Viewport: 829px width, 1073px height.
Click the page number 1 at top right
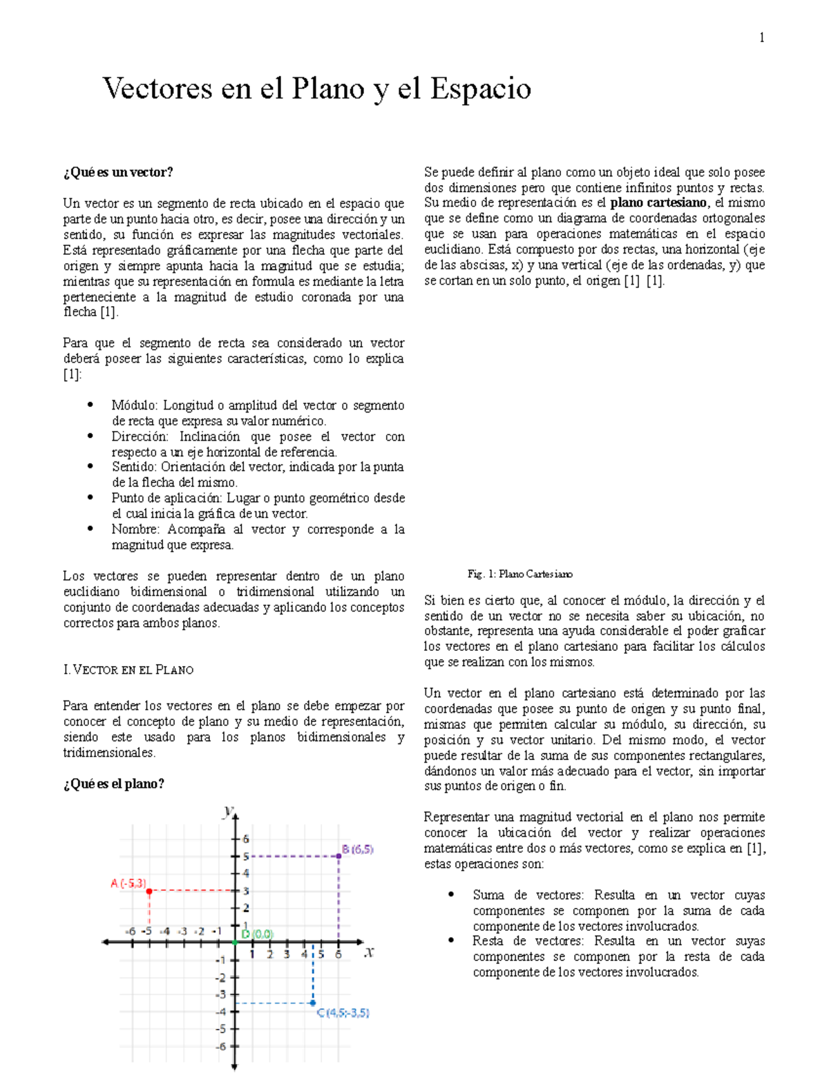pyautogui.click(x=761, y=38)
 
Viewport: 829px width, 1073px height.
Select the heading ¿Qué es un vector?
pyautogui.click(x=117, y=173)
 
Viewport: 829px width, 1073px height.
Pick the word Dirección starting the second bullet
pyautogui.click(x=140, y=437)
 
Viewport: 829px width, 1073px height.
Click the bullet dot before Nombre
pyautogui.click(x=90, y=529)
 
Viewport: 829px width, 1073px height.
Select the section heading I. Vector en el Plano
pyautogui.click(x=128, y=670)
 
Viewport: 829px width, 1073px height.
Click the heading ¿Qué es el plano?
pyautogui.click(x=113, y=784)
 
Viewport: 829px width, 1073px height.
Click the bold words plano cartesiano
pyautogui.click(x=658, y=203)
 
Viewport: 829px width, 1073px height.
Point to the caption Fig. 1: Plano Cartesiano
pyautogui.click(x=520, y=574)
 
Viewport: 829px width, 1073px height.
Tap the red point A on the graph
pyautogui.click(x=149, y=891)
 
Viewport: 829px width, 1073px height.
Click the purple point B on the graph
pyautogui.click(x=339, y=857)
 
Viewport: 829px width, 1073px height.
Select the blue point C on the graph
pyautogui.click(x=313, y=1003)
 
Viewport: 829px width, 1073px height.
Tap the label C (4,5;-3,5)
pyautogui.click(x=343, y=1013)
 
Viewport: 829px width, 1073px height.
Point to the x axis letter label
pyautogui.click(x=369, y=952)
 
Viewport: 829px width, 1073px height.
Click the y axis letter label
pyautogui.click(x=227, y=811)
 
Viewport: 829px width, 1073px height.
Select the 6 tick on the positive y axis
pyautogui.click(x=245, y=839)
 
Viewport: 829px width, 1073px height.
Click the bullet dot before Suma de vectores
pyautogui.click(x=451, y=895)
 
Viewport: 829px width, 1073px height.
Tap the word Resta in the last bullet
pyautogui.click(x=487, y=941)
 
